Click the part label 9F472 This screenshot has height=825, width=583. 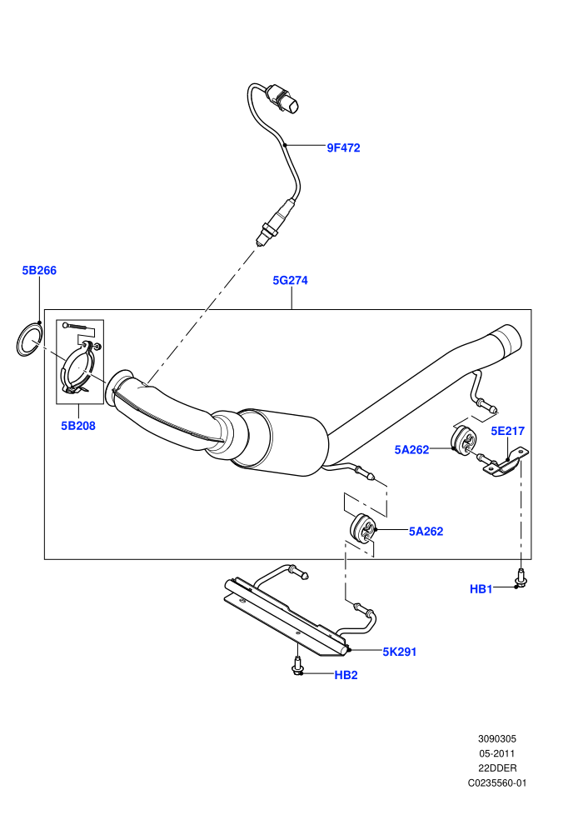(343, 147)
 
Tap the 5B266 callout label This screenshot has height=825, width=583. (39, 271)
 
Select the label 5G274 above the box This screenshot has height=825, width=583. (290, 281)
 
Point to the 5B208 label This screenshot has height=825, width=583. (78, 426)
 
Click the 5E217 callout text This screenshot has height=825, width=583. (508, 431)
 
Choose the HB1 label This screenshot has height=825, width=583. (481, 589)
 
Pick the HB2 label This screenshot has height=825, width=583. (346, 675)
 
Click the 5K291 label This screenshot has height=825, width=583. (400, 652)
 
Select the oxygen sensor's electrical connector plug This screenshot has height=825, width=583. (283, 99)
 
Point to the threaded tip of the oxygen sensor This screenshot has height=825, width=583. (260, 241)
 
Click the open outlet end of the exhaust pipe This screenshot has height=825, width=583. (509, 341)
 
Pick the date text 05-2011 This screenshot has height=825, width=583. (497, 753)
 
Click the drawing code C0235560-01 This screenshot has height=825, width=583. (497, 782)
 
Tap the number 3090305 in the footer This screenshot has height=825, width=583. (497, 738)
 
